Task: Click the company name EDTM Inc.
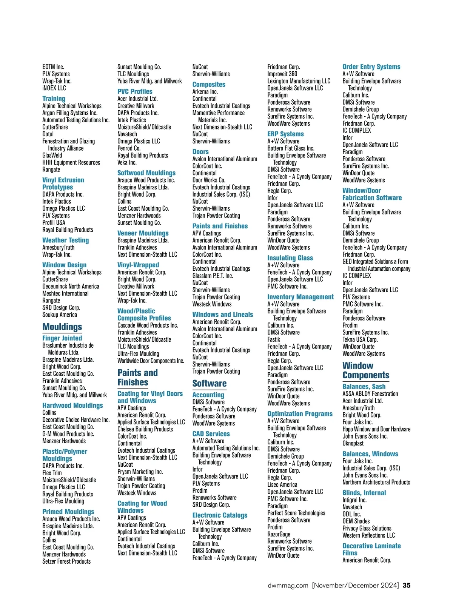(x=53, y=67)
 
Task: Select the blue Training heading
(x=54, y=99)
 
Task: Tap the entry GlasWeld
(x=52, y=155)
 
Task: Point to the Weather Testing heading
(x=65, y=240)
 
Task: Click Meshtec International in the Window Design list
(x=65, y=293)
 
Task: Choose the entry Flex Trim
(x=52, y=473)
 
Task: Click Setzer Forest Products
(x=66, y=561)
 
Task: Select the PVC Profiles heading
(x=135, y=91)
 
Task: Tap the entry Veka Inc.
(x=127, y=162)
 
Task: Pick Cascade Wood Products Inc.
(x=148, y=325)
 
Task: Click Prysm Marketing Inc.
(x=140, y=472)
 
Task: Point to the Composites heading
(x=209, y=85)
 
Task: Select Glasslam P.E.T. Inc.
(x=213, y=276)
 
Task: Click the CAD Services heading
(x=211, y=434)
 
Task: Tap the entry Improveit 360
(x=282, y=74)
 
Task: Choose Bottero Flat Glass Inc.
(x=291, y=148)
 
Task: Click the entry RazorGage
(x=279, y=534)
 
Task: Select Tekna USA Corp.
(x=360, y=339)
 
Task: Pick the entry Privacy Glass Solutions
(x=367, y=528)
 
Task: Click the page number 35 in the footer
(x=407, y=586)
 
